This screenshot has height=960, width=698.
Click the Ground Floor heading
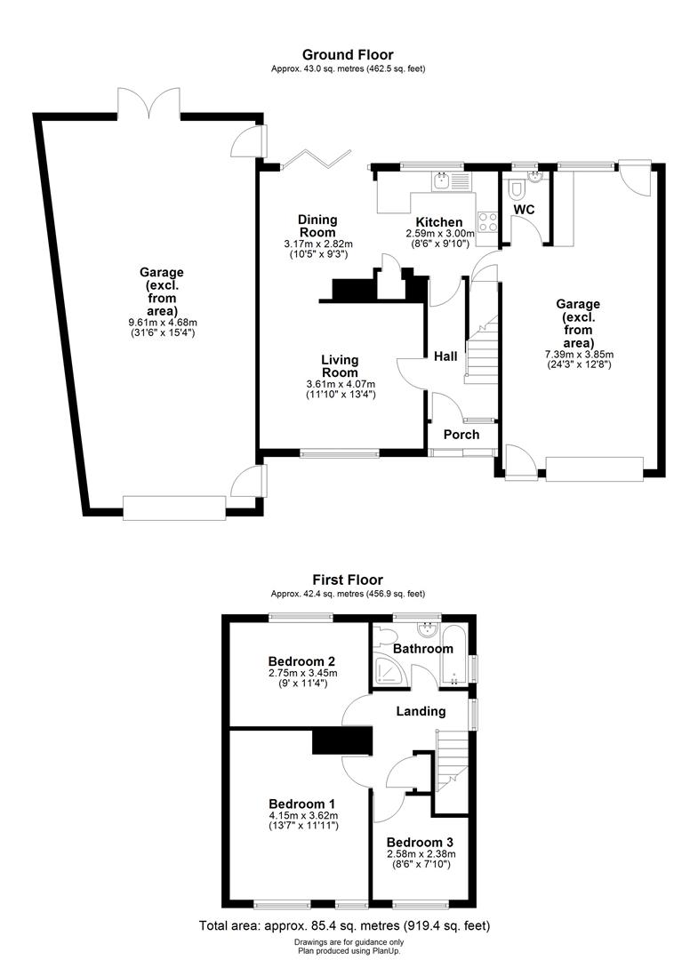349,55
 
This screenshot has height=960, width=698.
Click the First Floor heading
349,580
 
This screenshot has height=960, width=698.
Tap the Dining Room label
317,226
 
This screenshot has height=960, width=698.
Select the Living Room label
340,365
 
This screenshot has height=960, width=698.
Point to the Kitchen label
439,222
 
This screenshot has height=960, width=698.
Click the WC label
525,209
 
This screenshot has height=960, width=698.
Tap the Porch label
461,435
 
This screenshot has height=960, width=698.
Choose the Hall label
445,356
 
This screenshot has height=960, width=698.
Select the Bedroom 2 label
301,661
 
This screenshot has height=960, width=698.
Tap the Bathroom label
424,649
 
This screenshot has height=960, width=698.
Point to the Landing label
421,711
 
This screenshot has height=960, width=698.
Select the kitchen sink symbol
442,182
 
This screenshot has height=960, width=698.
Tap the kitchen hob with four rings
488,220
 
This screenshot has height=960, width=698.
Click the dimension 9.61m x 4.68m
161,322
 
